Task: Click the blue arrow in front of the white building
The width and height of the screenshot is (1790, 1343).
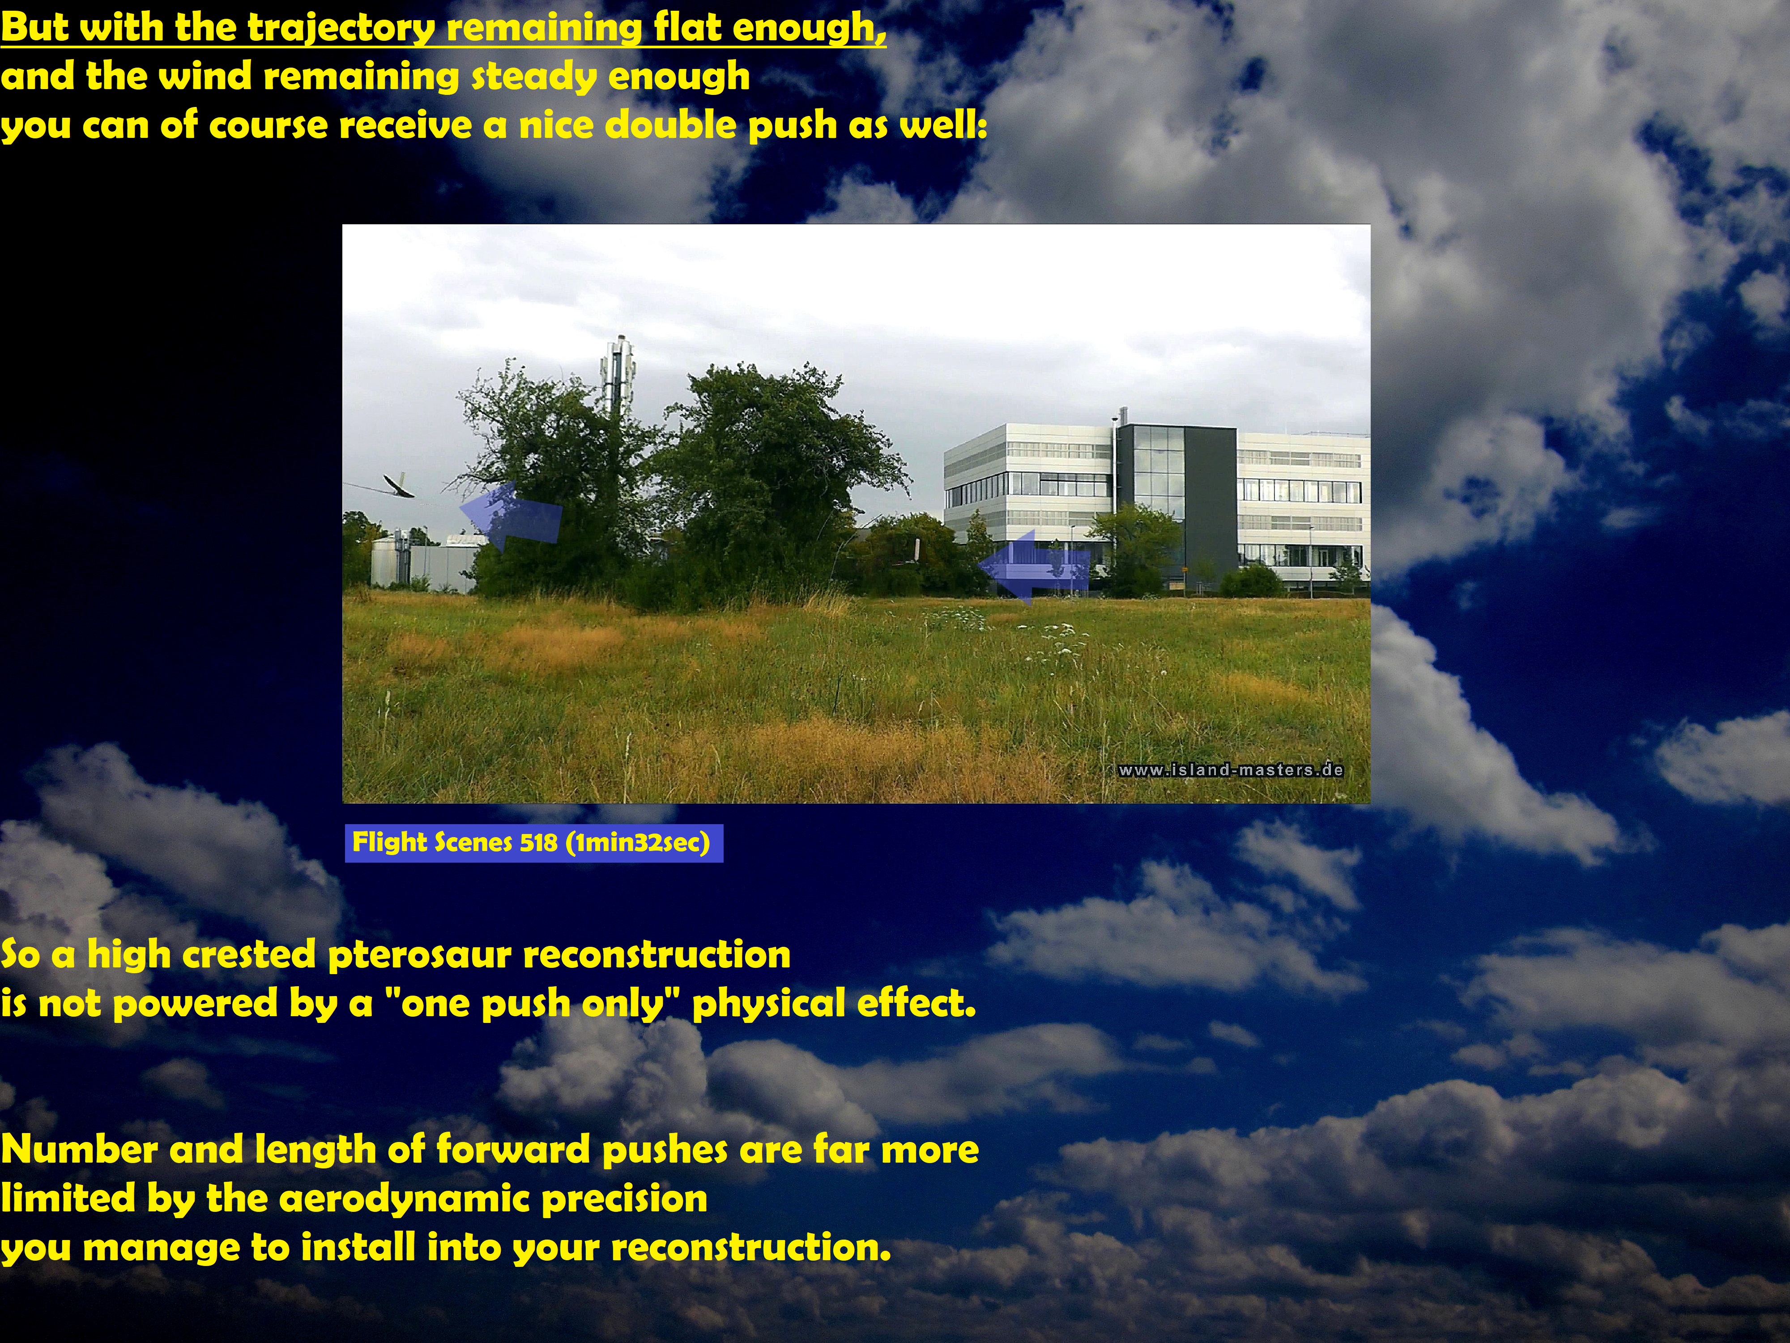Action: [1034, 565]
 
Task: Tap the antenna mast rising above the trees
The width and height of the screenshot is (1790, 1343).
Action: [618, 381]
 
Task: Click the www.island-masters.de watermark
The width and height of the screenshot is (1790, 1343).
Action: [1231, 770]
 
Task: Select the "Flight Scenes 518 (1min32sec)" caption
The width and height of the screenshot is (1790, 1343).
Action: [533, 843]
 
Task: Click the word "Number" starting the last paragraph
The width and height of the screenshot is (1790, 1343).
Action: [79, 1150]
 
